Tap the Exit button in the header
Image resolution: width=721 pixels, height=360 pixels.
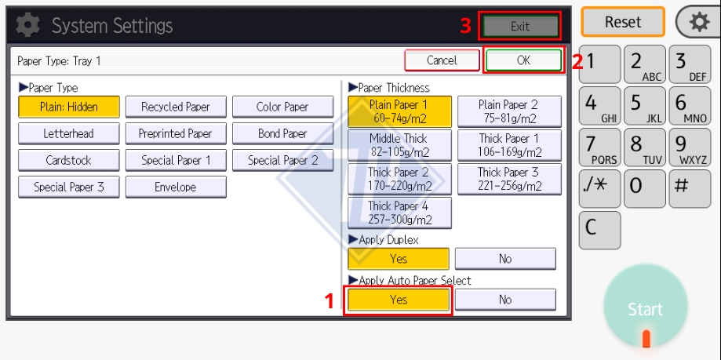(x=520, y=26)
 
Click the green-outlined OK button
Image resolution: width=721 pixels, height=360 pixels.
(x=523, y=60)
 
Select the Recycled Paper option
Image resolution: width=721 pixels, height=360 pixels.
(x=176, y=107)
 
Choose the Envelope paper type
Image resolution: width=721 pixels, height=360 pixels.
(x=176, y=187)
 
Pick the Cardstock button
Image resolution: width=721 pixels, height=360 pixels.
(x=68, y=161)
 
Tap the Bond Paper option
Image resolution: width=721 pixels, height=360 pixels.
(x=282, y=134)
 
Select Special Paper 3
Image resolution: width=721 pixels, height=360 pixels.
(x=68, y=187)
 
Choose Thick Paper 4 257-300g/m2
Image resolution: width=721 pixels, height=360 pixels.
(x=399, y=213)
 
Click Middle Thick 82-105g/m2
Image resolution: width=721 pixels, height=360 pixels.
(x=399, y=145)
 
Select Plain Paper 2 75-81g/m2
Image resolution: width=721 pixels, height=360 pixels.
(x=509, y=111)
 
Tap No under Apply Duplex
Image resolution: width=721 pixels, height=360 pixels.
(x=505, y=259)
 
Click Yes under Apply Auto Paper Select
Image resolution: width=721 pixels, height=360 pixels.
(x=399, y=300)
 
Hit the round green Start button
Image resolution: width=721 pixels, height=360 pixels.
(x=646, y=307)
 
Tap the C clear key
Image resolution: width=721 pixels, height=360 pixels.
(x=599, y=230)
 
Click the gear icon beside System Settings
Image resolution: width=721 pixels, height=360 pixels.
(x=28, y=25)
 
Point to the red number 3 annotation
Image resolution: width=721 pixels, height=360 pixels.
(x=466, y=26)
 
